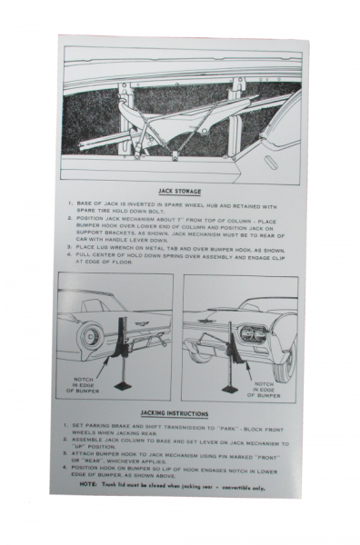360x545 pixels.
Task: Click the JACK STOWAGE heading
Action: coord(178,192)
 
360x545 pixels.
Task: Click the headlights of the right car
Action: coord(254,332)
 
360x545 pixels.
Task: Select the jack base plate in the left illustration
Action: coord(123,386)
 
